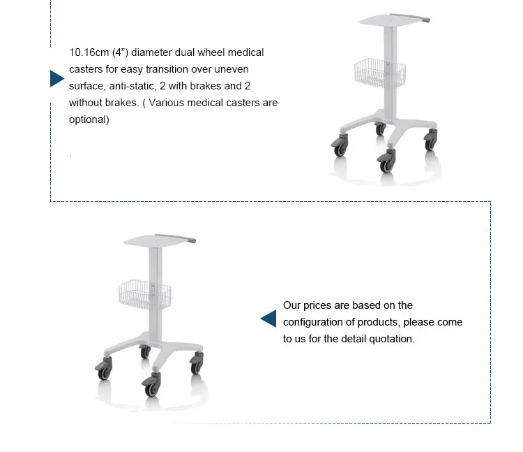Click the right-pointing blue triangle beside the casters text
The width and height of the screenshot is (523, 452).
tap(56, 78)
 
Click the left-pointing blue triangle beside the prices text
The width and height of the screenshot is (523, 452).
tap(269, 319)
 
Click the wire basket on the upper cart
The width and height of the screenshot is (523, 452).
tap(380, 73)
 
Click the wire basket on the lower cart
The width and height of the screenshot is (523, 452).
tap(145, 295)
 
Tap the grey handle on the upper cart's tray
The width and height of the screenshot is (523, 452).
tap(410, 17)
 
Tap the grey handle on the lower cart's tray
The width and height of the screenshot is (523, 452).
tap(176, 238)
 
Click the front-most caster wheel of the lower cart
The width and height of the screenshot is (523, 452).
tap(152, 385)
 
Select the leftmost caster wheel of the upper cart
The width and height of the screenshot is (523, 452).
tap(340, 145)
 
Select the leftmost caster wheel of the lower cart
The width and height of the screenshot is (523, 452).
tap(104, 369)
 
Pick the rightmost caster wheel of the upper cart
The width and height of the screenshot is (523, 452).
tap(431, 140)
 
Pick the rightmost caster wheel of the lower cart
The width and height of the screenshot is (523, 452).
tap(197, 363)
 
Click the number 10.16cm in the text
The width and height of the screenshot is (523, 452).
tap(89, 52)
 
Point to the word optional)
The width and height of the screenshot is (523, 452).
tap(89, 119)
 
